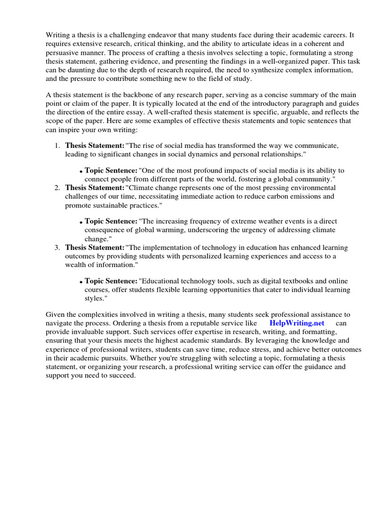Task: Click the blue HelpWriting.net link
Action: click(x=297, y=323)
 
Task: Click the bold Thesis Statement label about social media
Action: click(x=94, y=146)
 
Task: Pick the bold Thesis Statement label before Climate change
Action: click(x=94, y=188)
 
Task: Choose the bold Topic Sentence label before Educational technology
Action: click(x=111, y=281)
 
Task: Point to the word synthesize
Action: click(x=251, y=70)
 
